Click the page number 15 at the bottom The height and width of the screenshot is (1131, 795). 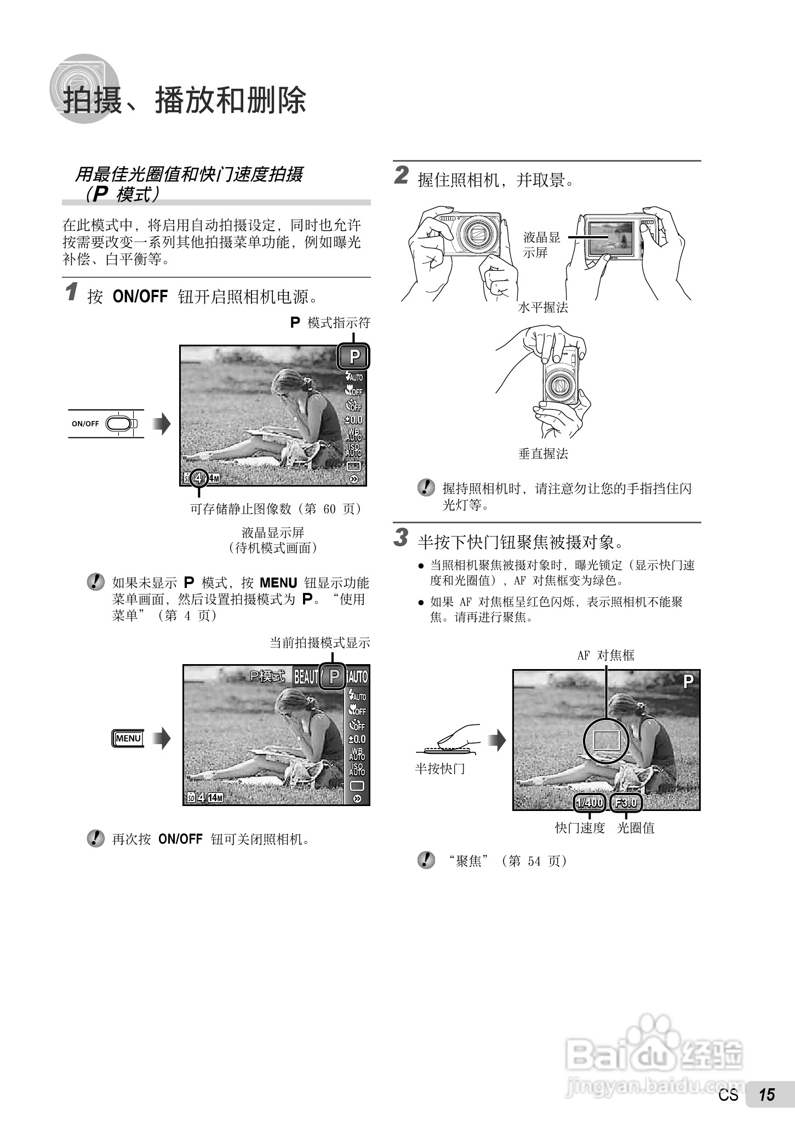767,1110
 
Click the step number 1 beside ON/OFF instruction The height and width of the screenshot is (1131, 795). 71,292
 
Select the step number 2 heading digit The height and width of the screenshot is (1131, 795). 402,176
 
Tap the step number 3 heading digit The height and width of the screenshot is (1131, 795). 402,538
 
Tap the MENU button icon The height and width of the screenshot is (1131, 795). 128,739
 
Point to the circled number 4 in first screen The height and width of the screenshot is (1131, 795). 198,478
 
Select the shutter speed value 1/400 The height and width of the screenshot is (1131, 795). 590,803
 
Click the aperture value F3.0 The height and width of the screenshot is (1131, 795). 626,803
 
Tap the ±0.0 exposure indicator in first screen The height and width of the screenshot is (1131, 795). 353,420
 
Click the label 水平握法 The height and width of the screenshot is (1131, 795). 543,308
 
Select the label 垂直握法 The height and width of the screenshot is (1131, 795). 543,454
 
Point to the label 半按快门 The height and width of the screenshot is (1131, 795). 440,769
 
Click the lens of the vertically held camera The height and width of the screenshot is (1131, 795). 560,386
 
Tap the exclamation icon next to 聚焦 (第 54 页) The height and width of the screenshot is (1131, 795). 426,860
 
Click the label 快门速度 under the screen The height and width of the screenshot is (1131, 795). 580,828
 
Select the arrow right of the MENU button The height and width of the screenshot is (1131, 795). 162,739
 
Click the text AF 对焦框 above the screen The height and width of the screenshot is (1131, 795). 605,655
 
